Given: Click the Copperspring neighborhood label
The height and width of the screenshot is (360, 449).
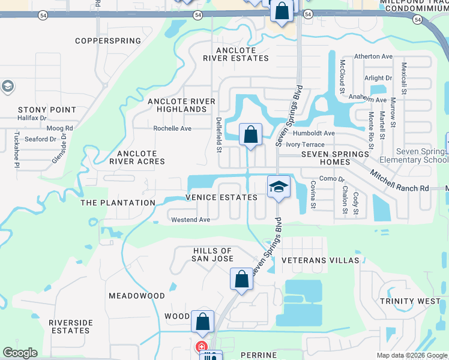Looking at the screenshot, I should [x=108, y=41].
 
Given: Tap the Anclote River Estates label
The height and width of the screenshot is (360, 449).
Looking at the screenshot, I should [x=236, y=54].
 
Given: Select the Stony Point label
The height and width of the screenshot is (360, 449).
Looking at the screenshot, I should [x=47, y=110].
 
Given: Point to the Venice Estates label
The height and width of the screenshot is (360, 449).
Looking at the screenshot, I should [x=221, y=197].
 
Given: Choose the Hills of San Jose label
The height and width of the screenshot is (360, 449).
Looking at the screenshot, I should [x=212, y=254].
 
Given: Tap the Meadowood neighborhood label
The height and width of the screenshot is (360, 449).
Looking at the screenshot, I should [x=137, y=296].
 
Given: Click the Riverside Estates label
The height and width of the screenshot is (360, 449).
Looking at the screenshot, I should [x=71, y=326].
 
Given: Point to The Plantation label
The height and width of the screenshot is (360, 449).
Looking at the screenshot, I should [x=118, y=203].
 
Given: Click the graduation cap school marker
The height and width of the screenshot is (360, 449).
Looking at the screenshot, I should [x=279, y=187].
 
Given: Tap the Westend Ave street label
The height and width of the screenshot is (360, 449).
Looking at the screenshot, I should [x=190, y=220].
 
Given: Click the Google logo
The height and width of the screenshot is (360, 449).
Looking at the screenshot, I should [x=20, y=353].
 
